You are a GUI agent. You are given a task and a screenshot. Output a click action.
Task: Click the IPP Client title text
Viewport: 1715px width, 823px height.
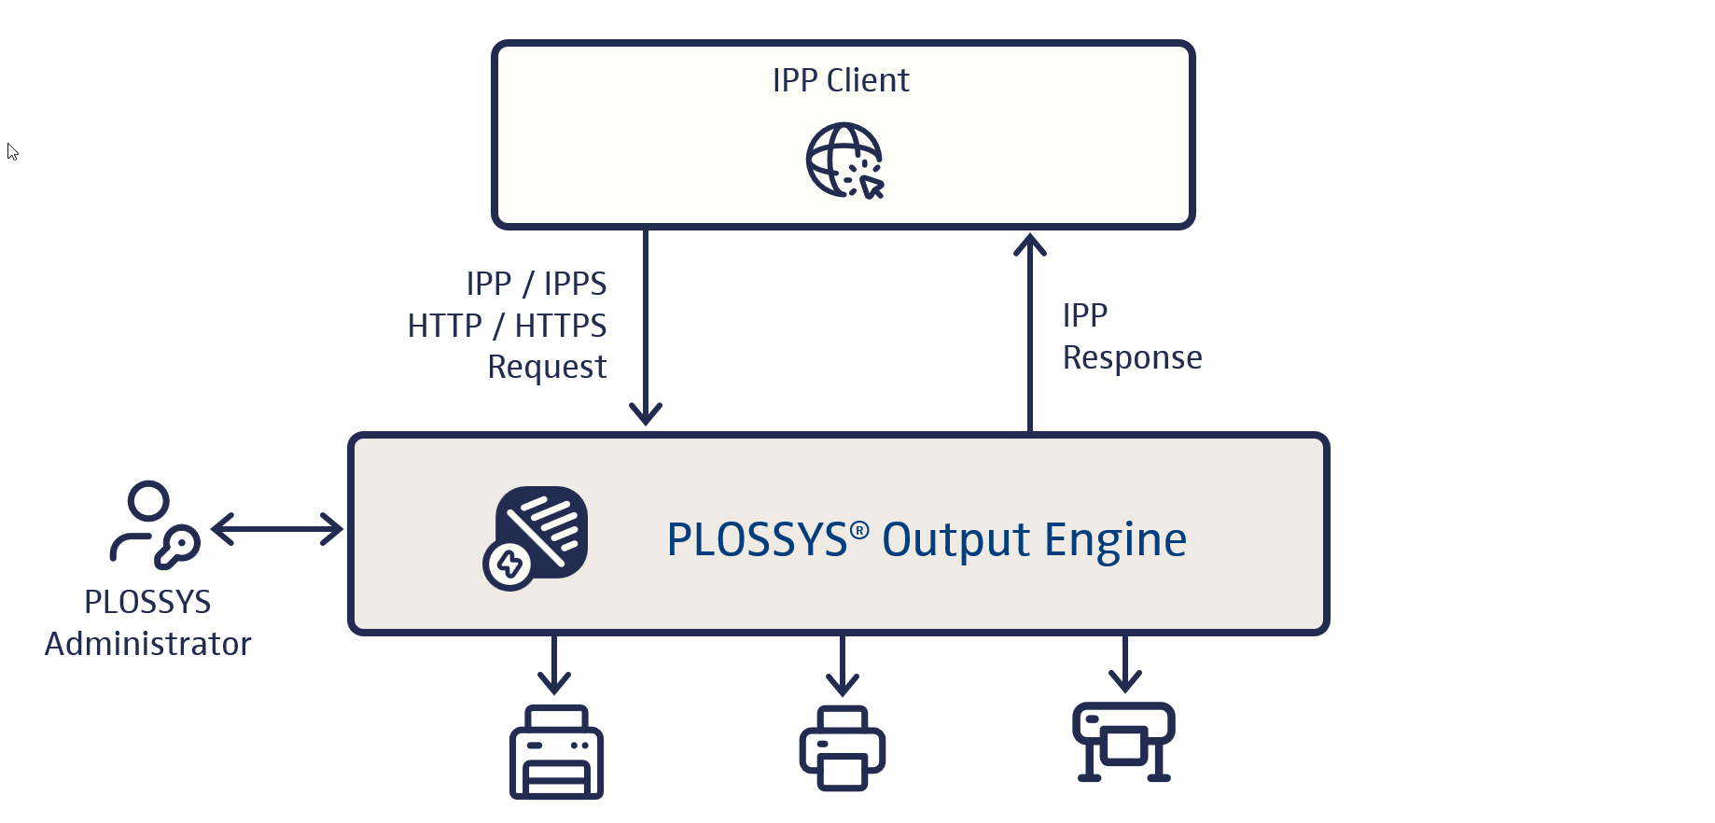tap(841, 81)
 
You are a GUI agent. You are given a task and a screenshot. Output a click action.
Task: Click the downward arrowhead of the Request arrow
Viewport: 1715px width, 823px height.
tap(646, 411)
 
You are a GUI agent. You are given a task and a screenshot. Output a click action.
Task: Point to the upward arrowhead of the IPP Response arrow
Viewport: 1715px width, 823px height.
tap(1030, 245)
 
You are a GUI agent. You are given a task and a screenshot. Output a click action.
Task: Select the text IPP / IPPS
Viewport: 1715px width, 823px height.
tap(537, 284)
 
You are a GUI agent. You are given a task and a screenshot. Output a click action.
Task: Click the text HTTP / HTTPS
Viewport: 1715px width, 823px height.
tap(508, 326)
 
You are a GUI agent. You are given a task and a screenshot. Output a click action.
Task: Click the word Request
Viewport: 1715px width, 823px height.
tap(547, 367)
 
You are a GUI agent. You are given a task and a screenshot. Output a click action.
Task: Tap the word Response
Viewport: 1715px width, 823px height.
tap(1132, 357)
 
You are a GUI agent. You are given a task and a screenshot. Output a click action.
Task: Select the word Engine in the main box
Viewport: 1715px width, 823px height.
tap(1115, 539)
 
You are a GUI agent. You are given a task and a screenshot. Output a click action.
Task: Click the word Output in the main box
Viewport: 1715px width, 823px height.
tap(956, 539)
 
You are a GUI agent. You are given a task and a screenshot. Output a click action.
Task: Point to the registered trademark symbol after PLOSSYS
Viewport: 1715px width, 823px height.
tap(859, 530)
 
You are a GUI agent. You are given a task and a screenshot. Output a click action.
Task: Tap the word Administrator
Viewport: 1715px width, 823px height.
tap(148, 644)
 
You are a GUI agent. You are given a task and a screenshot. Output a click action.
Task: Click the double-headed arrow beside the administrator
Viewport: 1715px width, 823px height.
tap(277, 529)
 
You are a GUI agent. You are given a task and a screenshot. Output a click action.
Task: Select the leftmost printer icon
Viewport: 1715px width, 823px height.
tap(556, 752)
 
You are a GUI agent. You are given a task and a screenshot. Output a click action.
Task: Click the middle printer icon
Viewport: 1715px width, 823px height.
tap(843, 748)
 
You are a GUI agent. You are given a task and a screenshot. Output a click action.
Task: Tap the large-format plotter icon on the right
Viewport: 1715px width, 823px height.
tap(1124, 742)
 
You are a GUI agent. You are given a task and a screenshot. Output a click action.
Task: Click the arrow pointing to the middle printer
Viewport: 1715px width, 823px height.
tap(843, 668)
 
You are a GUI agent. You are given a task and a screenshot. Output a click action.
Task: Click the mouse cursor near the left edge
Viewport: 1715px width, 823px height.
tap(12, 151)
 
